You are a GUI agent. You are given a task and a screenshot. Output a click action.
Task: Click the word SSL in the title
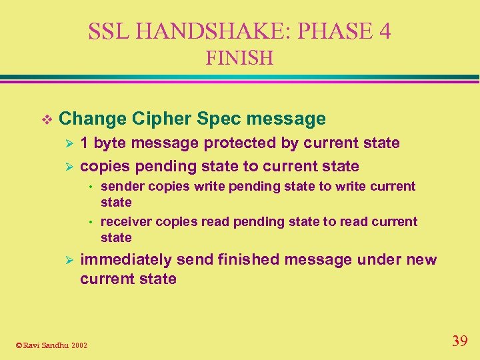click(x=107, y=31)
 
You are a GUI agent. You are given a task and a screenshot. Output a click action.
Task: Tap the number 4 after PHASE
click(x=383, y=31)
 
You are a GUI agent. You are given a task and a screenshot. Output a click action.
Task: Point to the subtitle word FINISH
click(x=239, y=59)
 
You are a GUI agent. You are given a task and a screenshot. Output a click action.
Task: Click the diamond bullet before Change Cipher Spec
click(x=45, y=119)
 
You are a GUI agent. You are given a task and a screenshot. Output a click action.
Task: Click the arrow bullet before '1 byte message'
click(x=66, y=143)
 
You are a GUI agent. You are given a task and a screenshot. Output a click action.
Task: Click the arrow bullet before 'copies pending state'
click(x=66, y=167)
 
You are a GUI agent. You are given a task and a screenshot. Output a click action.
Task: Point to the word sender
click(x=123, y=187)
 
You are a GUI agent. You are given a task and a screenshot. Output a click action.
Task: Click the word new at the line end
click(x=421, y=260)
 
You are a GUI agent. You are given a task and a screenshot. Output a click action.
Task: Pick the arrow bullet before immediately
click(x=66, y=260)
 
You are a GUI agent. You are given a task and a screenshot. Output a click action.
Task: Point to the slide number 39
click(x=460, y=341)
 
